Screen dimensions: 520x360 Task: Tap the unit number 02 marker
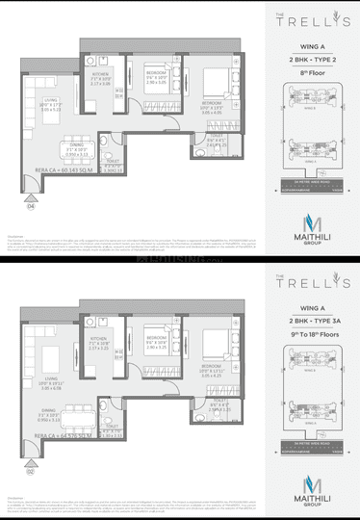[x=32, y=470]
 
